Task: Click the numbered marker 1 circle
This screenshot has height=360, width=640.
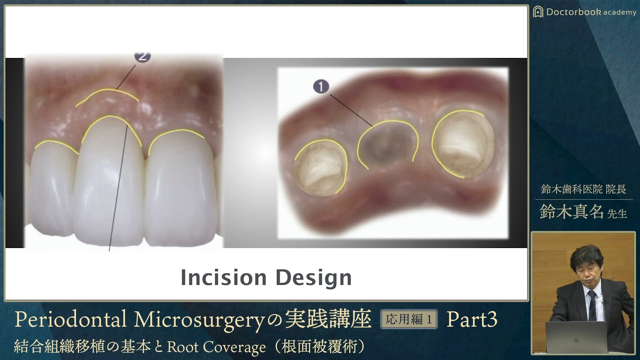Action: [321, 87]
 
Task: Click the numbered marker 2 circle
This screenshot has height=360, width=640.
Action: [143, 56]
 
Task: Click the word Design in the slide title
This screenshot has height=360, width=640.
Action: [314, 278]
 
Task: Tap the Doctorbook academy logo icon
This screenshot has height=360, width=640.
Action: [538, 12]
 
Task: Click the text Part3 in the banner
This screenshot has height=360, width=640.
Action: [472, 319]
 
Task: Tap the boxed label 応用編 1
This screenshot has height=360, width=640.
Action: [409, 319]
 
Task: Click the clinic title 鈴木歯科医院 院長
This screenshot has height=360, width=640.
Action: [583, 189]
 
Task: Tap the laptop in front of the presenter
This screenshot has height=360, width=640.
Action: [576, 337]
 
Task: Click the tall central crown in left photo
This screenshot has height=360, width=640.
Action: [109, 180]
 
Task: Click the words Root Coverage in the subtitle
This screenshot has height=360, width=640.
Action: [216, 347]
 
